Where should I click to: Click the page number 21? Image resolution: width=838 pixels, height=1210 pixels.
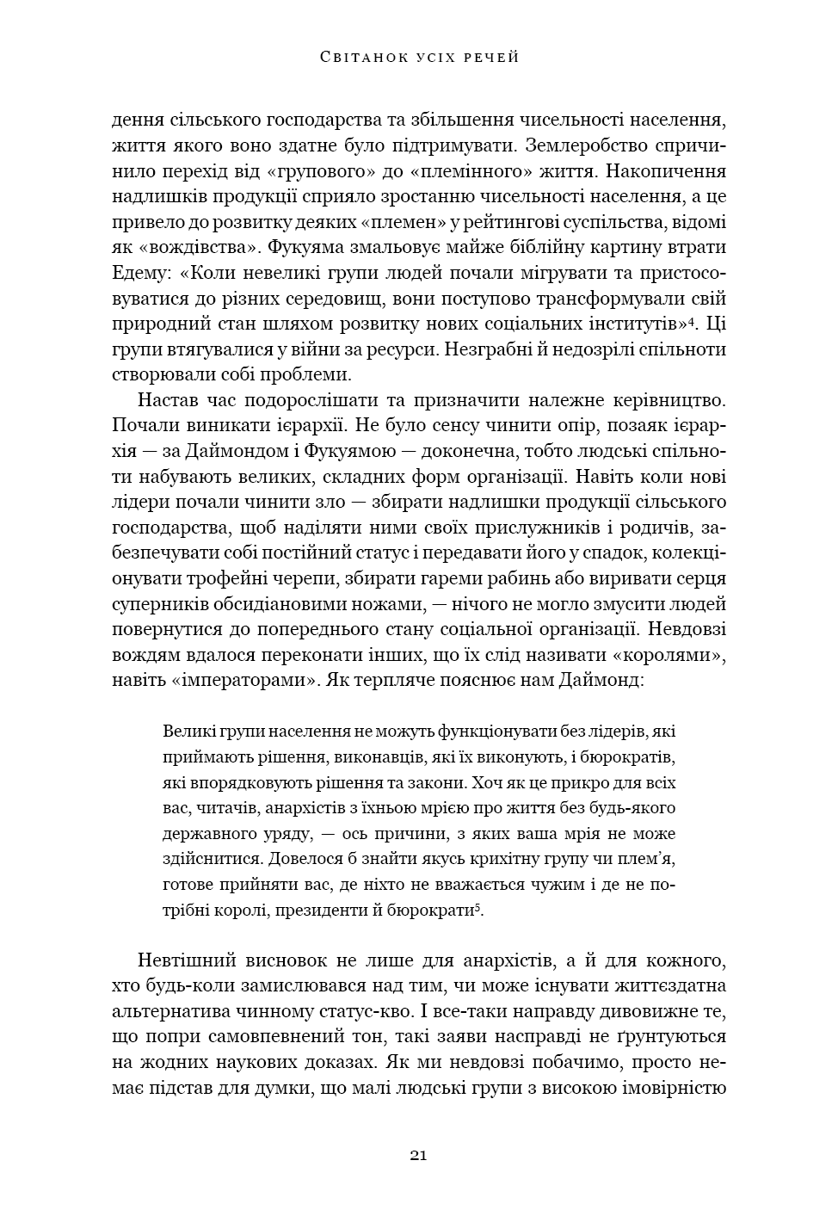419,1155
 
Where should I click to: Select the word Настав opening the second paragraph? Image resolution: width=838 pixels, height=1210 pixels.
164,400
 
